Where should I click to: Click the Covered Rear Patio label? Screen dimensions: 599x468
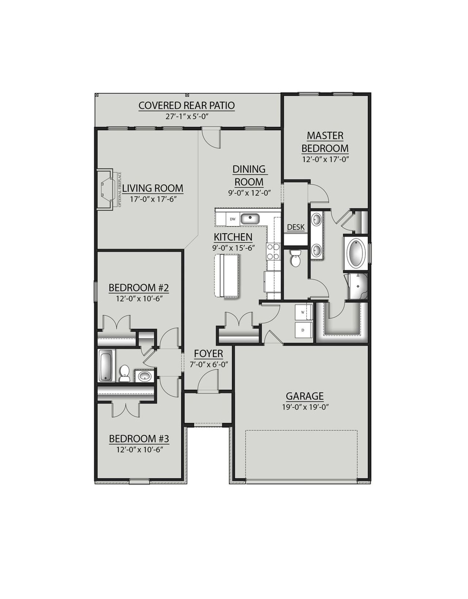[186, 106]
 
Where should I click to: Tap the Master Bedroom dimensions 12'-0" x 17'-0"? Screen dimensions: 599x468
[325, 159]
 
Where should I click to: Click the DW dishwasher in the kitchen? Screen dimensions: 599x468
[233, 219]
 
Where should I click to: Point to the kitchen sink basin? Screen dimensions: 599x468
[250, 219]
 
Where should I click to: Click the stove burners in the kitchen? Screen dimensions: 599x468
[273, 251]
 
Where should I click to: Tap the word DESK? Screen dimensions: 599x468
[296, 227]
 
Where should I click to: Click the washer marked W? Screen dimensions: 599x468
[303, 312]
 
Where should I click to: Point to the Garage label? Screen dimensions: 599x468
[305, 396]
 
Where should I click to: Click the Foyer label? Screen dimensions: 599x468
[208, 354]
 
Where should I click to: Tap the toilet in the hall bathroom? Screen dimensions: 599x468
[125, 373]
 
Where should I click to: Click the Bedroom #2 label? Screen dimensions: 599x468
[139, 288]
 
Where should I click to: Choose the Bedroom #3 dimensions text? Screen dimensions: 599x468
[139, 449]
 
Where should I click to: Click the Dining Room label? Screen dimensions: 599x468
[249, 175]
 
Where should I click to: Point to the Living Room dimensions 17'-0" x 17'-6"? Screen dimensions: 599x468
[152, 200]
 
